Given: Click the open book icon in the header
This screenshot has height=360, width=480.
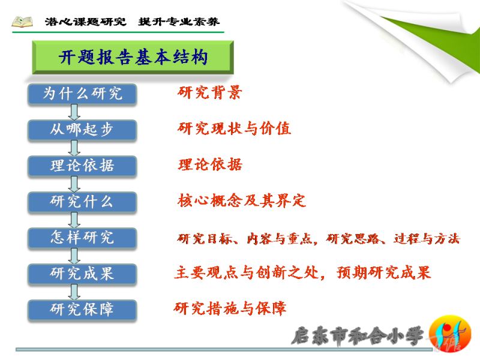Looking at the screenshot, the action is click(x=22, y=22).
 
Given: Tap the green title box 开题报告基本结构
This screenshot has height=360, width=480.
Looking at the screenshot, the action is click(x=133, y=57).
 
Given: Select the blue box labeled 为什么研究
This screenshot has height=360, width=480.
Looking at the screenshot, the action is click(x=82, y=94).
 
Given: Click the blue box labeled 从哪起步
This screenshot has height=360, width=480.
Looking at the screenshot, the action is click(x=82, y=130).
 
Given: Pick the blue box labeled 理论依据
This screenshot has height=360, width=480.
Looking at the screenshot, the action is click(x=82, y=166).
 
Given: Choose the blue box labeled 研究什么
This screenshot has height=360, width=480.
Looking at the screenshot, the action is click(x=82, y=202).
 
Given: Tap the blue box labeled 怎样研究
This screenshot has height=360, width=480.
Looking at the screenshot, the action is click(x=82, y=238).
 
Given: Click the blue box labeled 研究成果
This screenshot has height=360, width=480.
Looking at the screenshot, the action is click(x=82, y=274).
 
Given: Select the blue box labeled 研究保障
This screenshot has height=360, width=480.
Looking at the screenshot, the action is click(x=82, y=310).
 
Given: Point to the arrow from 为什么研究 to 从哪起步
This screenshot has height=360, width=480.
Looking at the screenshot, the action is click(x=74, y=112).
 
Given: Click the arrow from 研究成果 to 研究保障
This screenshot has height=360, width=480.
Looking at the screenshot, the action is click(x=74, y=292).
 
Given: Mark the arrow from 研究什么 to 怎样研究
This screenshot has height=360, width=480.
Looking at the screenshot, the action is click(x=74, y=220).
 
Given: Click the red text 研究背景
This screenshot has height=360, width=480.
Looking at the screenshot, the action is click(x=209, y=92).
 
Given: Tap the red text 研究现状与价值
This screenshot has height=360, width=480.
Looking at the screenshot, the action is click(x=234, y=128).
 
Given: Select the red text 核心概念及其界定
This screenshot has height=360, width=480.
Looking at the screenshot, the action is click(x=242, y=200).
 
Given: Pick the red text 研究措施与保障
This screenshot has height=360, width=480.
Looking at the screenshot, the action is click(x=230, y=308).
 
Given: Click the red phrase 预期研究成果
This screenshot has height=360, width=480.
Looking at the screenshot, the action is click(x=383, y=272).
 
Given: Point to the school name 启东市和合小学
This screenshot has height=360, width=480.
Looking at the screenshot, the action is click(x=358, y=336).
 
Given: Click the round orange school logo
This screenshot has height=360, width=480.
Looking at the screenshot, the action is click(x=449, y=334).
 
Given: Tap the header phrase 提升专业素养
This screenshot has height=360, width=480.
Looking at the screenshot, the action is click(x=179, y=22).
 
